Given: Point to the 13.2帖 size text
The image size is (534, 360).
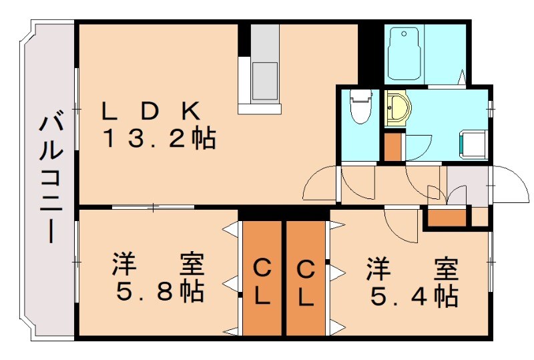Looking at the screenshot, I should pos(158,138).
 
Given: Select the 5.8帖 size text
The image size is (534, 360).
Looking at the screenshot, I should pos(158,293).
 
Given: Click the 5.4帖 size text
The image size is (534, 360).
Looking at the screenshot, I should pos(412,294).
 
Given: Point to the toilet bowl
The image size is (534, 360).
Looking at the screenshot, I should pos(361,107).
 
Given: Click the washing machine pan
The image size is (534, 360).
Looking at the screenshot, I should pos(471,143).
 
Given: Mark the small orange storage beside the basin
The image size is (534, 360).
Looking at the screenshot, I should pos(392,147).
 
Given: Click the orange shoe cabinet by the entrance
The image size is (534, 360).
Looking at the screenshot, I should pos(447,218).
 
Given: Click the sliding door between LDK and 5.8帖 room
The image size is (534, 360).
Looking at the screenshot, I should pos(154,207).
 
